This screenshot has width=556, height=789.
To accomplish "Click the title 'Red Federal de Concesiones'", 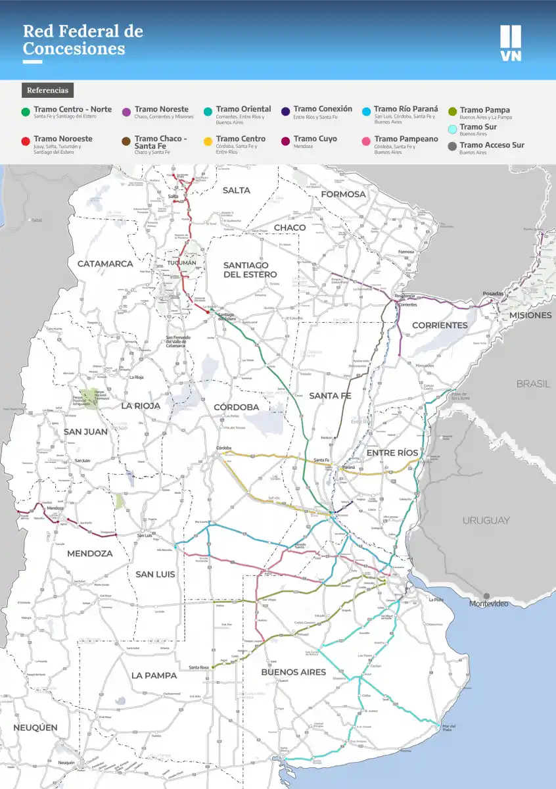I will tap(83, 39).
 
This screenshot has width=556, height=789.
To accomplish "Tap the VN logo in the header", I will tap(510, 43).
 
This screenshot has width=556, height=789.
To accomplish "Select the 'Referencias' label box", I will tap(47, 90).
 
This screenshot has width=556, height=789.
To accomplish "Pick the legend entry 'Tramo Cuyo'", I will tap(315, 139).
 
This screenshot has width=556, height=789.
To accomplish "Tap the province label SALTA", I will tap(236, 190).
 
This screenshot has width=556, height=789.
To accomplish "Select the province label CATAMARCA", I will tap(105, 264).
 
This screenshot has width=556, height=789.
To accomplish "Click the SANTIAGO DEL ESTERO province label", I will tap(250, 270).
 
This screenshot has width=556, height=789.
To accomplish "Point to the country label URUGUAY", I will tap(486, 520).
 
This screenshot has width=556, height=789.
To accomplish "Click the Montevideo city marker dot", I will tap(486, 596).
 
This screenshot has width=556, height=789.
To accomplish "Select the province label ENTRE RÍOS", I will tap(392, 453).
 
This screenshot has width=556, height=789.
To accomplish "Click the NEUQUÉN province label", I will tap(35, 727).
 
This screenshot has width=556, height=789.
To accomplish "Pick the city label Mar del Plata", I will tap(446, 728).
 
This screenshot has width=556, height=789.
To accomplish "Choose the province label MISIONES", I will tap(530, 315).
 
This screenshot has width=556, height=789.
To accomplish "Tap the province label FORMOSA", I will tap(343, 194).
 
